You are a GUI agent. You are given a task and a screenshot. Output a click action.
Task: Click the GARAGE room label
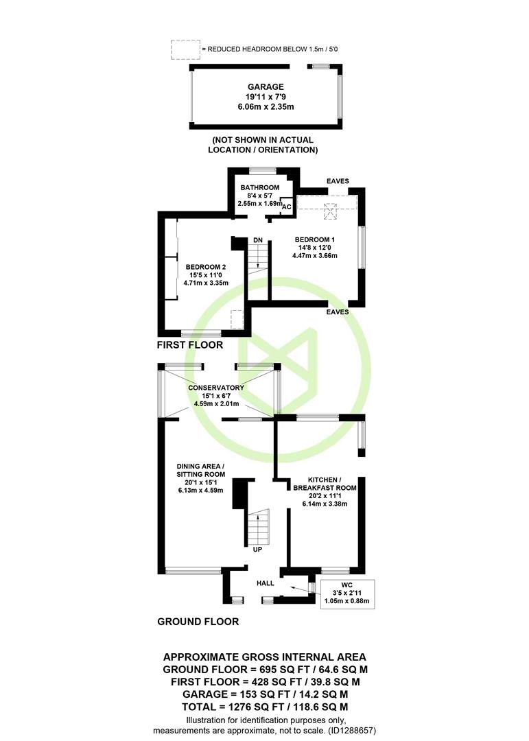click(266, 87)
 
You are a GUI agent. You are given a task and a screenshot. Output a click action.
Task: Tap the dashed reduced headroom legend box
click(185, 49)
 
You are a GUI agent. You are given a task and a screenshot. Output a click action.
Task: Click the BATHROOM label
click(259, 187)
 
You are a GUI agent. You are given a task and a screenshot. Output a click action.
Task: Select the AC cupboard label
click(287, 207)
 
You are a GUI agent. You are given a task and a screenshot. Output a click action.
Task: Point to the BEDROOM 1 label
click(315, 239)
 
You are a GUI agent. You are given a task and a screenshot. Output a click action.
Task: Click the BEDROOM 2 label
click(206, 267)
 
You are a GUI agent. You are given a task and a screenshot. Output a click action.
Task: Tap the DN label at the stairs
click(258, 241)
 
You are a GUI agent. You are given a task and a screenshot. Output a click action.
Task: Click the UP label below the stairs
click(257, 550)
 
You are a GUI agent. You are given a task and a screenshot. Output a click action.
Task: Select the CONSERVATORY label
click(216, 388)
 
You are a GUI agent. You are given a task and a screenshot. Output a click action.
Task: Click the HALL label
click(266, 583)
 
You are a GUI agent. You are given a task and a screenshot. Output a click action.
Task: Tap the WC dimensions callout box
click(347, 594)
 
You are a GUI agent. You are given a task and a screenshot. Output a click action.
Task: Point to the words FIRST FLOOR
click(190, 345)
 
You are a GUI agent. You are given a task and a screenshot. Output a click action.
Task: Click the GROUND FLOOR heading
click(198, 622)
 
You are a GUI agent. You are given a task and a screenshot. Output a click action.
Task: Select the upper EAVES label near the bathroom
click(338, 181)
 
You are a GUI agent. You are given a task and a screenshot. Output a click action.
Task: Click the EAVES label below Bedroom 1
click(338, 312)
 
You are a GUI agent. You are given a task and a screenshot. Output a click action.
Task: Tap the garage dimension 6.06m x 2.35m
click(266, 107)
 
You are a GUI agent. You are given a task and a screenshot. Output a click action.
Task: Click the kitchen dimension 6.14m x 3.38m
click(325, 504)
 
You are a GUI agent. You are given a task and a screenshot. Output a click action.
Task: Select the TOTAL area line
click(265, 707)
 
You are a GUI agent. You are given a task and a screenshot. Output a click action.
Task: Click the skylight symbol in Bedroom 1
click(331, 211)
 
